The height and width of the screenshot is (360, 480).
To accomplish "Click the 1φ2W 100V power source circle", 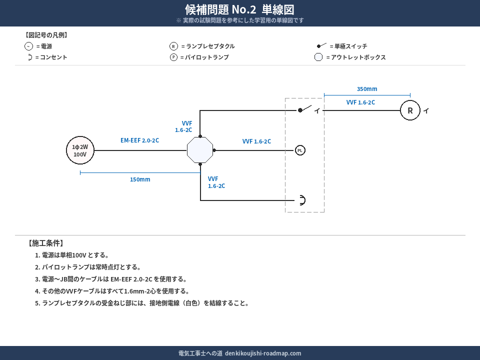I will pyautogui.click(x=80, y=150).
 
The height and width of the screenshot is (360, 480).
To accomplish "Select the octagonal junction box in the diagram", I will pyautogui.click(x=200, y=150).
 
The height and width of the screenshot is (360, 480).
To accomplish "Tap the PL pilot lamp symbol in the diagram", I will pyautogui.click(x=300, y=150).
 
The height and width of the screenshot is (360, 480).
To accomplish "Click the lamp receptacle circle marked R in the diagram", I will pyautogui.click(x=410, y=110).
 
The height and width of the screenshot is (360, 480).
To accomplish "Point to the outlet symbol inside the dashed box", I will pyautogui.click(x=301, y=200).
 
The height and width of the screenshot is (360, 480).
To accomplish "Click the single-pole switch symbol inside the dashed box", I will pyautogui.click(x=305, y=109).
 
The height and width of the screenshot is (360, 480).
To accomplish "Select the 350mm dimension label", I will pyautogui.click(x=367, y=89).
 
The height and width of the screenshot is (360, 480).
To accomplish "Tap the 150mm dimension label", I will pyautogui.click(x=140, y=179).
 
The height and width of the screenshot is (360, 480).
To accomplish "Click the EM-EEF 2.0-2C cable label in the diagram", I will pyautogui.click(x=139, y=140).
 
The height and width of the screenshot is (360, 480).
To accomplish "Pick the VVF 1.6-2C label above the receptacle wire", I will pyautogui.click(x=360, y=102).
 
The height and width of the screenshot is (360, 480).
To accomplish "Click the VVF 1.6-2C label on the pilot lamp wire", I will pyautogui.click(x=256, y=141).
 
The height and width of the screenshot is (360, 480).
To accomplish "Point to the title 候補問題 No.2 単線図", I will pyautogui.click(x=239, y=9).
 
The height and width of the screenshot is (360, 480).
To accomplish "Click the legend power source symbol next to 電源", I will pyautogui.click(x=29, y=46).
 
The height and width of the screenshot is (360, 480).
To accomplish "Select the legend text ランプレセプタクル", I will pyautogui.click(x=210, y=46).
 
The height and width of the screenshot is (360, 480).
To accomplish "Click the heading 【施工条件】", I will pyautogui.click(x=45, y=243).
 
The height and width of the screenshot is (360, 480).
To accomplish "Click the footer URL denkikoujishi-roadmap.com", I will pyautogui.click(x=263, y=353).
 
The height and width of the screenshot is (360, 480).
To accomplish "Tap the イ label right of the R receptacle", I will pyautogui.click(x=426, y=111).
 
